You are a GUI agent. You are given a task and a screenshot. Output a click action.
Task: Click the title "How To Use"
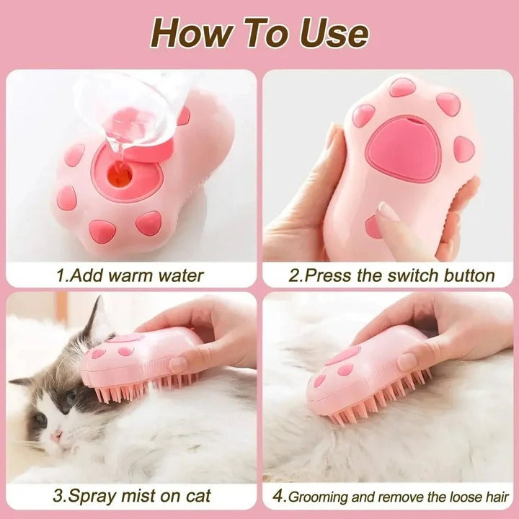tap(259, 32)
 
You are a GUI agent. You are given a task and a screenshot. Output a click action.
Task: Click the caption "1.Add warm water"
tap(130, 275)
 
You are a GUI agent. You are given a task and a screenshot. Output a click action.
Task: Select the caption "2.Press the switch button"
tap(392, 275)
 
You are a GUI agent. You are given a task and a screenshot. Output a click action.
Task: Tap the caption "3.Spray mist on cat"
tap(133, 497)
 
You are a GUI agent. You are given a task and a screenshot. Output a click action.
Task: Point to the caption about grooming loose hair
tap(398, 497)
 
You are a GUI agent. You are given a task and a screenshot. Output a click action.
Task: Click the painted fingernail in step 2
tap(388, 211)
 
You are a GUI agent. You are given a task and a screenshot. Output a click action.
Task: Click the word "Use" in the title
tap(332, 32)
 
